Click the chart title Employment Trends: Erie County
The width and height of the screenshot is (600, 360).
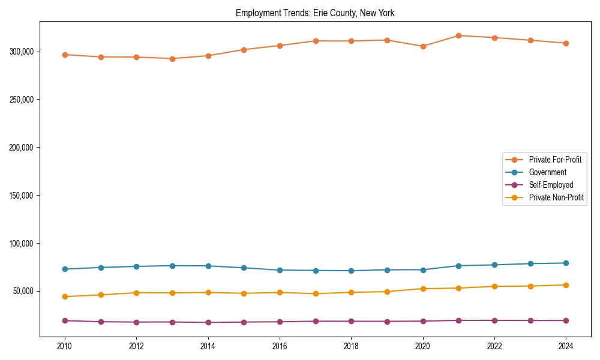(315, 13)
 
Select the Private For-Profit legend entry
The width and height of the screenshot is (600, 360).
(555, 160)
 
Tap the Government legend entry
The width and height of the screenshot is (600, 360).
(547, 172)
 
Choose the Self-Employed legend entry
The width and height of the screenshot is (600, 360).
(551, 185)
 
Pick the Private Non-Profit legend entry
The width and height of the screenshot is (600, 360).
(556, 197)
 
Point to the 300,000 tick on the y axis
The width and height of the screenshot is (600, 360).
(21, 52)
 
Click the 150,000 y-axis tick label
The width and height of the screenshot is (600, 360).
(21, 196)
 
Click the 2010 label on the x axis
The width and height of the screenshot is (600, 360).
(65, 346)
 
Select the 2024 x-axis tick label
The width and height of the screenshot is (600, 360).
(566, 346)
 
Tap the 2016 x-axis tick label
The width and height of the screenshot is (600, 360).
(280, 346)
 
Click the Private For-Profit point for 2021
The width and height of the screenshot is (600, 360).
(458, 35)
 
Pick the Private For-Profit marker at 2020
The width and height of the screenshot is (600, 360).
(423, 46)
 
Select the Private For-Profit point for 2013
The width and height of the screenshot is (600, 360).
(172, 59)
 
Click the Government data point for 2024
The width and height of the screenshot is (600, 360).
(566, 263)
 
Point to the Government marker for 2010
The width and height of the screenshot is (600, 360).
(65, 269)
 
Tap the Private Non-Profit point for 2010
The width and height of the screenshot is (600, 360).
(65, 296)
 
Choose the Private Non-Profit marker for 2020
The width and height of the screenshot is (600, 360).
(423, 289)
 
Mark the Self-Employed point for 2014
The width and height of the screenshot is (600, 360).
(208, 322)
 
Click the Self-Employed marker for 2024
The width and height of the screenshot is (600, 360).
(566, 320)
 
